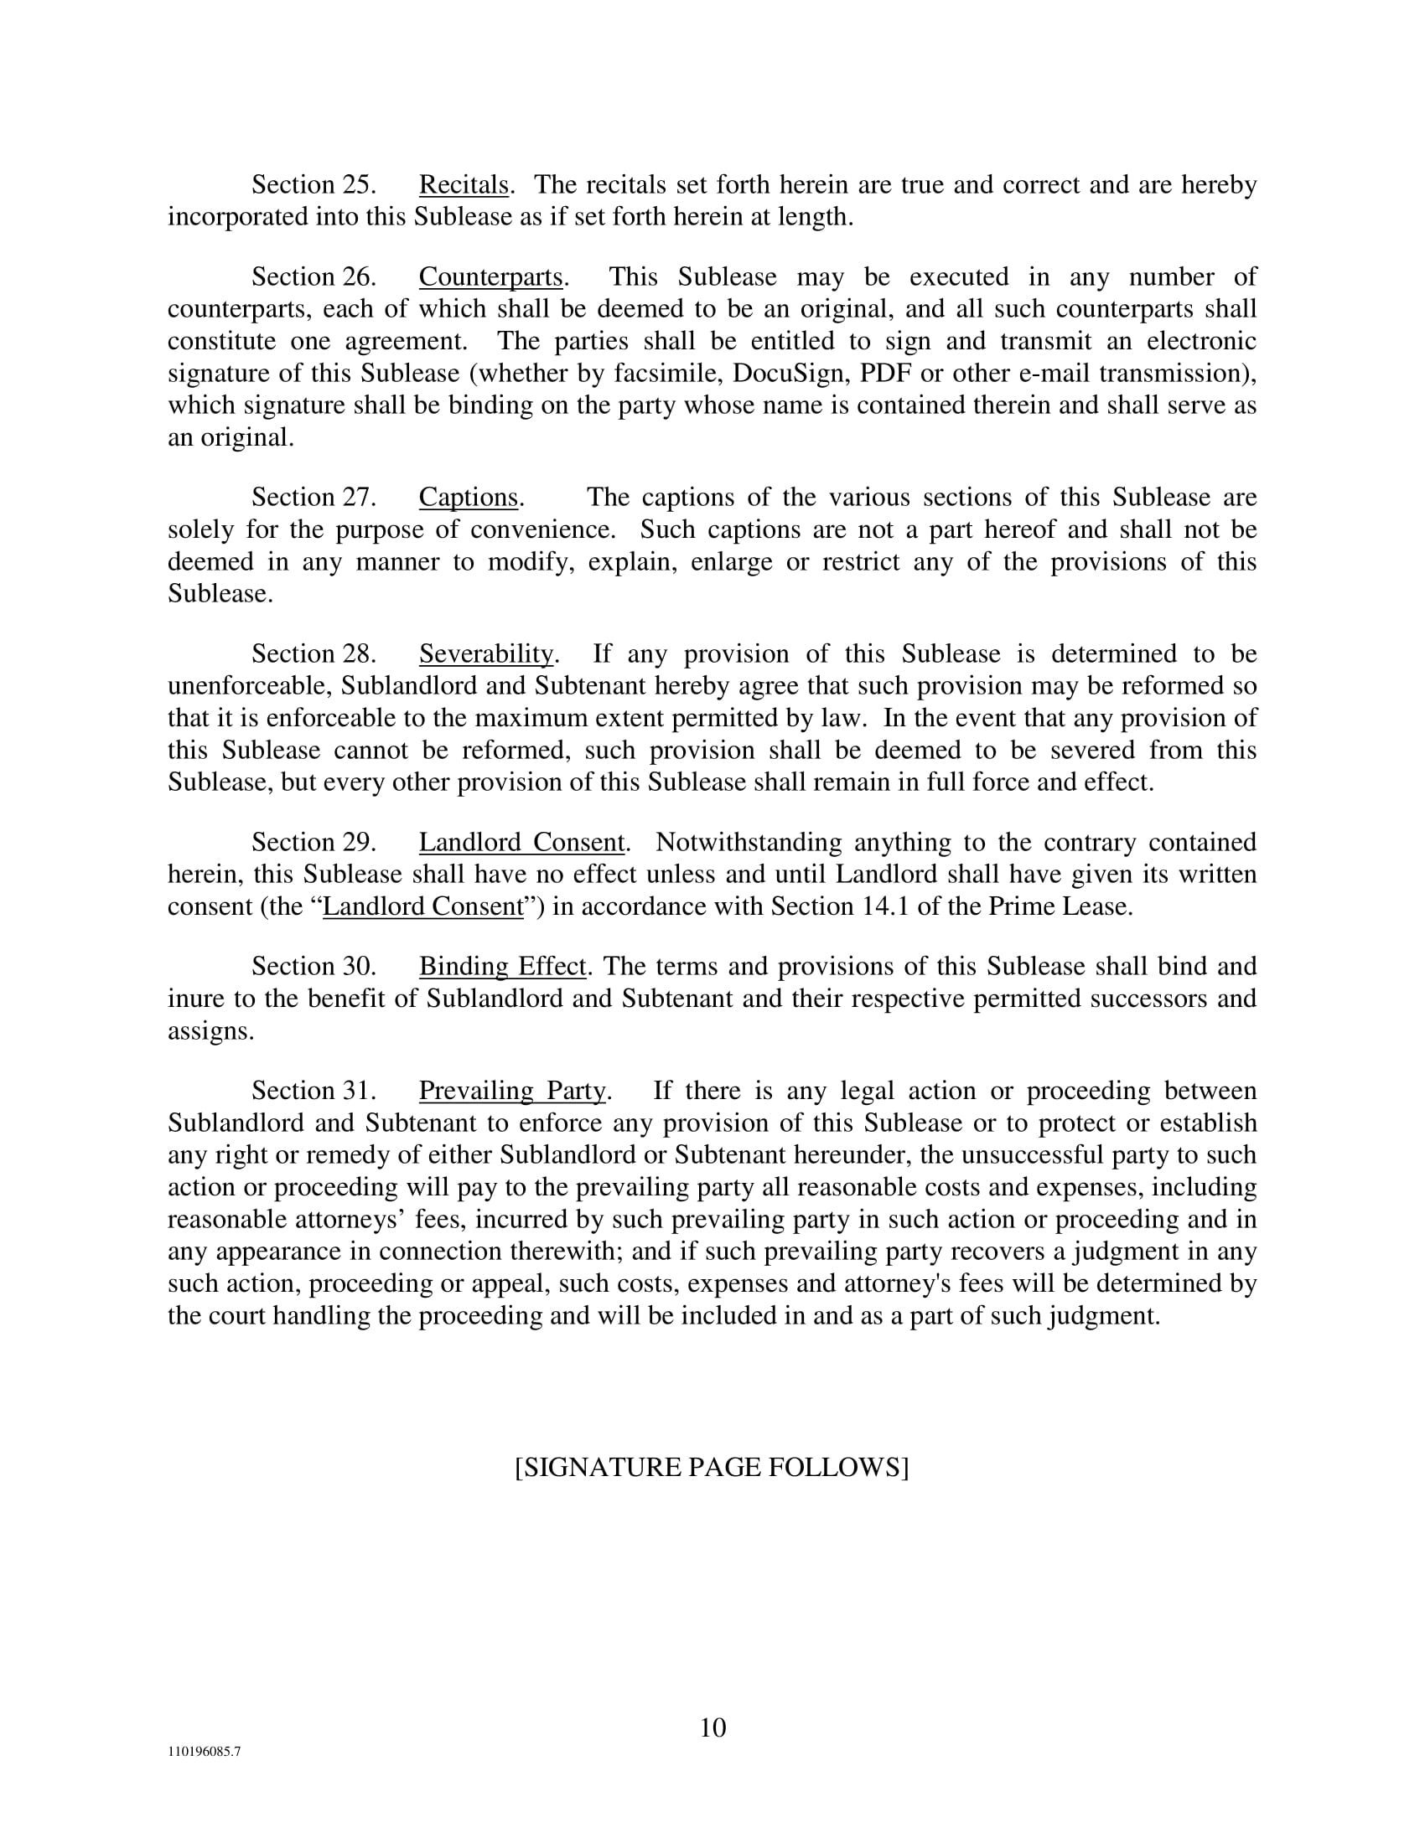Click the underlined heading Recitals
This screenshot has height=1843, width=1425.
click(x=464, y=185)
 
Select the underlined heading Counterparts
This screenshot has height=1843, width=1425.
click(x=490, y=276)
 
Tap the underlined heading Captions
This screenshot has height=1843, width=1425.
click(x=468, y=498)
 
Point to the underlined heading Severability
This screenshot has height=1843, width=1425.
click(x=485, y=654)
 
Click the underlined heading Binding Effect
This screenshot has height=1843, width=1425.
click(x=501, y=966)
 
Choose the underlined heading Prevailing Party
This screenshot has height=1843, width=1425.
click(x=511, y=1091)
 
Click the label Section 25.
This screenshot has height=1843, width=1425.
click(x=313, y=185)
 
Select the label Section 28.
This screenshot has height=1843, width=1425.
click(x=313, y=654)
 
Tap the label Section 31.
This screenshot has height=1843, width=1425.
click(x=313, y=1091)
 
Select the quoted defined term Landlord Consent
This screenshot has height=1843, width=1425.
click(x=423, y=906)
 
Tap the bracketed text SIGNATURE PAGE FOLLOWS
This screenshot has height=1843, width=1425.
click(x=712, y=1468)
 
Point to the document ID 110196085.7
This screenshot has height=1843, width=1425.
click(x=204, y=1752)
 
